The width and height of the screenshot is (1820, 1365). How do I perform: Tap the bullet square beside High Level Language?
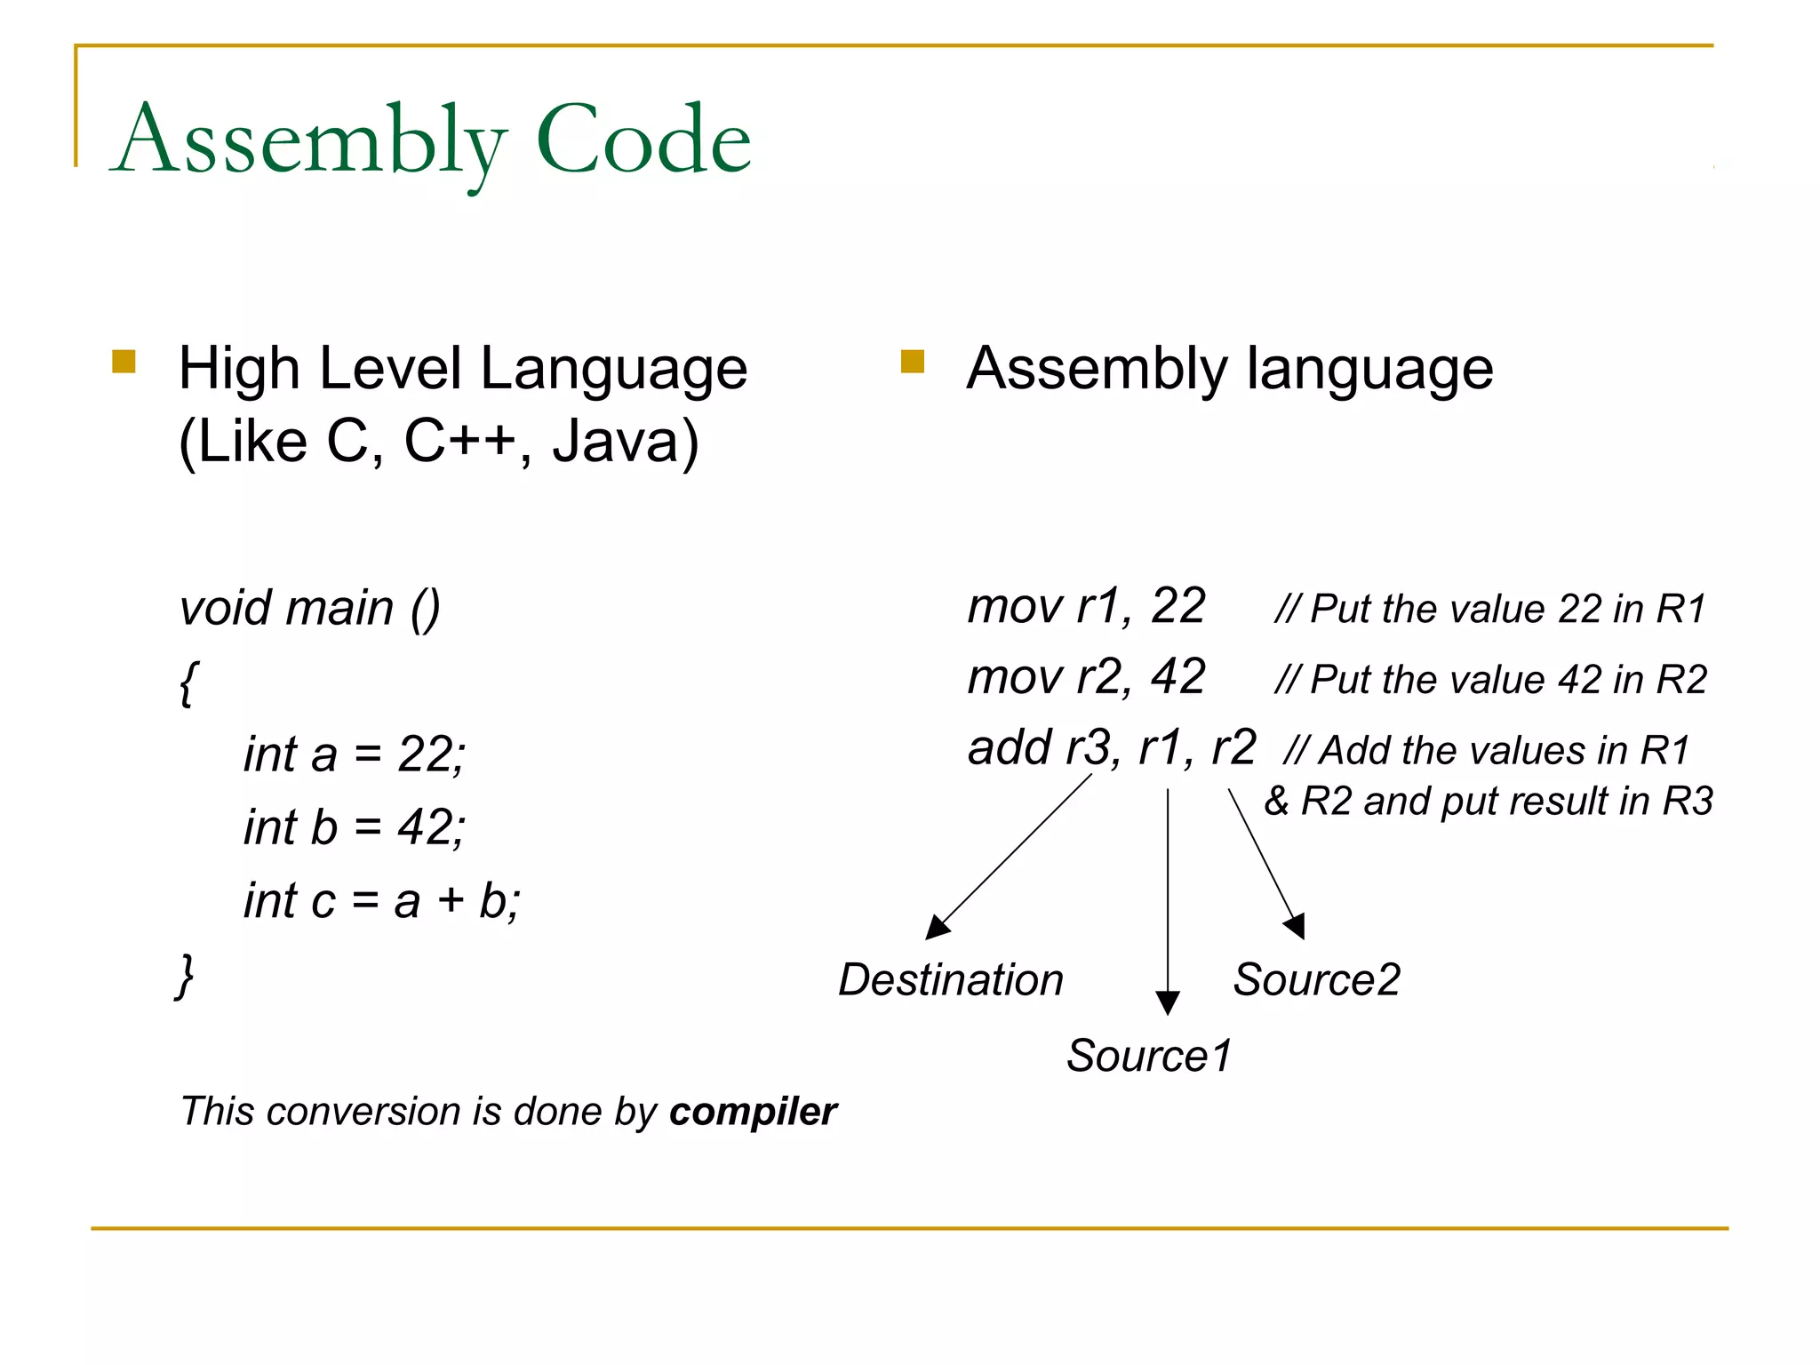[x=124, y=362]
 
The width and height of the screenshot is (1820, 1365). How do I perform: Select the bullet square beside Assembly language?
[x=912, y=362]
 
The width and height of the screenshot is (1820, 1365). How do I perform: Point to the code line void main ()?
[x=309, y=609]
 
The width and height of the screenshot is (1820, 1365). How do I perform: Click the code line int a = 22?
[x=354, y=754]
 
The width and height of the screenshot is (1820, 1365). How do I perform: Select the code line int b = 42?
[x=354, y=827]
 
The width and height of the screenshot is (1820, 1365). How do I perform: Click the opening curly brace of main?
[x=188, y=682]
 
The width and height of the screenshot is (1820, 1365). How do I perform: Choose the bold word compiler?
[x=753, y=1112]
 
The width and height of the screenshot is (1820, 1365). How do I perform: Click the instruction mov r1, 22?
[x=1086, y=607]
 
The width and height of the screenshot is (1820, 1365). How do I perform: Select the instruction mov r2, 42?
[x=1086, y=677]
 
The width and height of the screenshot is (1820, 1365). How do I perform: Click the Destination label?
[x=951, y=980]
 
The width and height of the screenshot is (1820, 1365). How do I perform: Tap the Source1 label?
[x=1149, y=1056]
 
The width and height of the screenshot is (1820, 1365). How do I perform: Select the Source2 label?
[x=1316, y=980]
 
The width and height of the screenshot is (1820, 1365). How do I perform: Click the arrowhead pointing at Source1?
[x=1168, y=1003]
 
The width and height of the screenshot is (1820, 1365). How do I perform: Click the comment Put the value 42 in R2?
[x=1490, y=680]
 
